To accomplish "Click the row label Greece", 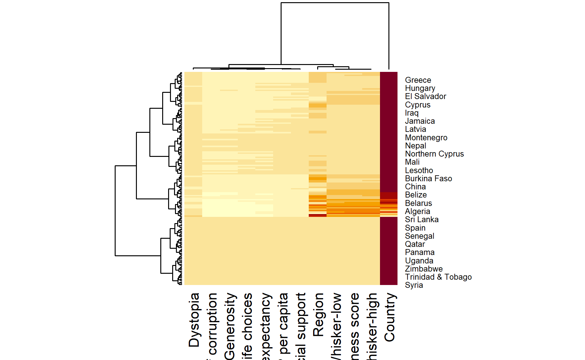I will tap(418, 80).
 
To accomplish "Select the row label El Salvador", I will tap(425, 97).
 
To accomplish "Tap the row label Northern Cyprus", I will tap(434, 154).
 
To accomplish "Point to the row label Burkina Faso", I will tap(428, 179).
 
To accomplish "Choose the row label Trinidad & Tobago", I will tap(438, 277).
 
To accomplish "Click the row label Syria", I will tap(414, 285).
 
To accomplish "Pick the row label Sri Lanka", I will tap(422, 220).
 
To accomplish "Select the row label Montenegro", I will tap(426, 138).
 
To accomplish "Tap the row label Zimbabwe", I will tap(424, 269).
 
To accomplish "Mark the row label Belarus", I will tap(418, 203).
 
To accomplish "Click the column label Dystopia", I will tap(194, 320).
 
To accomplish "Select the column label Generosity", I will tap(230, 326).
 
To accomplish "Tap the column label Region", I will tap(318, 315).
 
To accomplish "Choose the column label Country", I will tap(389, 317).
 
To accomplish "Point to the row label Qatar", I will tap(415, 244).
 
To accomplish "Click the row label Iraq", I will tap(412, 113).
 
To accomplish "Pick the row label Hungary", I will tap(420, 88).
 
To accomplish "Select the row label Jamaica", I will tap(420, 121).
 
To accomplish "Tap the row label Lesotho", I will tap(419, 171).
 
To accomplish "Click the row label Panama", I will tap(420, 252).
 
